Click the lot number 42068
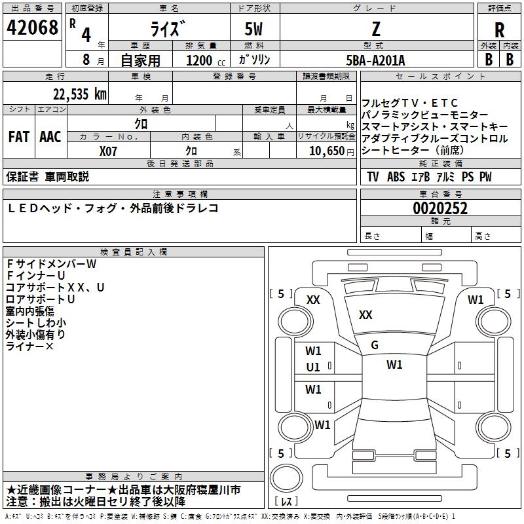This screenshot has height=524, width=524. point(32,28)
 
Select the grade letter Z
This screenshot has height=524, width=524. point(376,29)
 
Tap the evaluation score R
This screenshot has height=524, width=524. point(499,30)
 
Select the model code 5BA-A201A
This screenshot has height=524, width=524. point(375,60)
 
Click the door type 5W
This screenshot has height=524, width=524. point(254,29)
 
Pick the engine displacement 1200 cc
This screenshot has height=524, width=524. point(204,60)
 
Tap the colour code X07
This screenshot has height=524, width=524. point(109,151)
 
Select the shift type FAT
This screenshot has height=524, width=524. point(18,137)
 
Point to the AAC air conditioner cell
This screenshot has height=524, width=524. point(50,137)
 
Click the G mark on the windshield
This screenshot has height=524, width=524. point(375,345)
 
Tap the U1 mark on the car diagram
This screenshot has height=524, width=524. point(314,367)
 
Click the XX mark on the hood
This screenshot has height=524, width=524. point(365,315)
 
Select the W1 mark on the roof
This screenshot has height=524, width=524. point(394,365)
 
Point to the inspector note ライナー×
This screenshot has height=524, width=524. point(29,346)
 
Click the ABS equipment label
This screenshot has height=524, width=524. point(396,177)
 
